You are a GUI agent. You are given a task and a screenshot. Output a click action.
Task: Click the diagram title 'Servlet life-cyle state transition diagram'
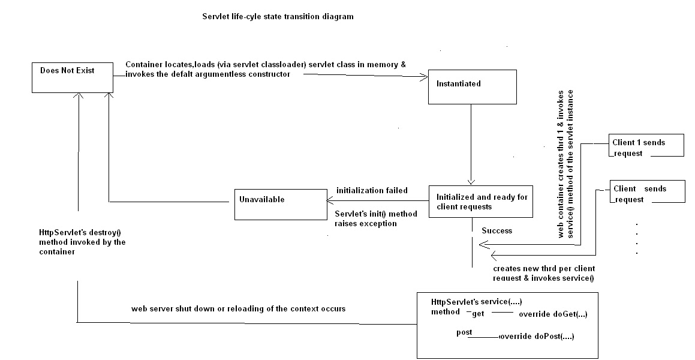pos(278,17)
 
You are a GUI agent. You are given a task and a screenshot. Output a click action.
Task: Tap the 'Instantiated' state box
pos(471,88)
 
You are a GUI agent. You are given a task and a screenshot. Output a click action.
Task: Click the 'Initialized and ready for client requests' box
pos(480,201)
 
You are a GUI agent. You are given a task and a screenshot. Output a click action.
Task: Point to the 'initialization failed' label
pos(372,190)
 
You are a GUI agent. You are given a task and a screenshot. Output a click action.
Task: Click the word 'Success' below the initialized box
pos(497,230)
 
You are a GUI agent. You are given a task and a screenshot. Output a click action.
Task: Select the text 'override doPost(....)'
pos(537,337)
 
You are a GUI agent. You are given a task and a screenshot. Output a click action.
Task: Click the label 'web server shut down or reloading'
pos(238,308)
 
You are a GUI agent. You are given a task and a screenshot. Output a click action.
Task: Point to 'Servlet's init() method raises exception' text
pos(375,218)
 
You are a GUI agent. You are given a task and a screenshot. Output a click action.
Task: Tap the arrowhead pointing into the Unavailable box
pos(329,202)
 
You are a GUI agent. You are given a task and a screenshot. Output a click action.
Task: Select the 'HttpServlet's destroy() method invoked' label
pos(82,242)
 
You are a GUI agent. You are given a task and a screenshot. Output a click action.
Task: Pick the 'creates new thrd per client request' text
pos(543,273)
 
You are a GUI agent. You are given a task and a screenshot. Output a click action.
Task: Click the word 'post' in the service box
pos(464,332)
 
